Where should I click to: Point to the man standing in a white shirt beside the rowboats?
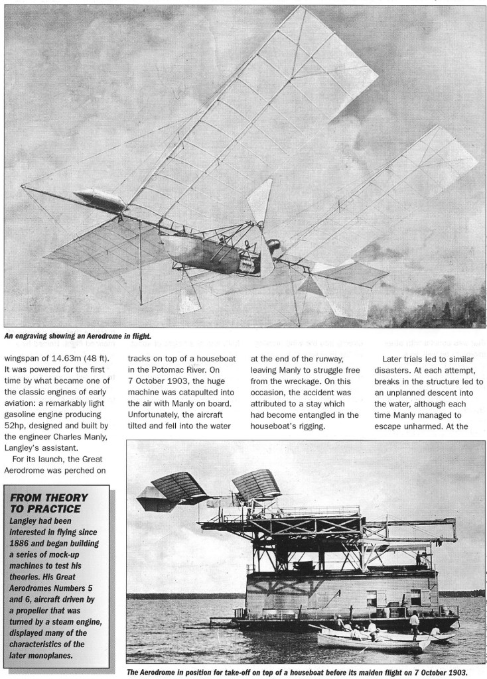point(414,623)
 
